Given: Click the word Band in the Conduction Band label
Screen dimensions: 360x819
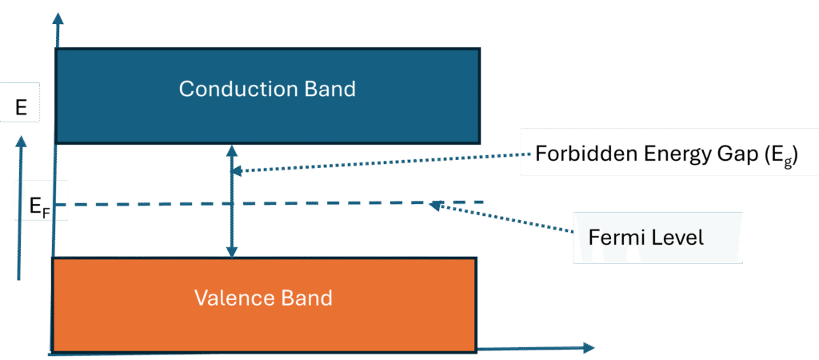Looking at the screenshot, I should pyautogui.click(x=328, y=89).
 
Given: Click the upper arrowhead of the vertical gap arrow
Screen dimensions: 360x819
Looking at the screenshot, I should pyautogui.click(x=233, y=150).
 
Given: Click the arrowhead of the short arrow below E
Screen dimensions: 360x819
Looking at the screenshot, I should pyautogui.click(x=20, y=142).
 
